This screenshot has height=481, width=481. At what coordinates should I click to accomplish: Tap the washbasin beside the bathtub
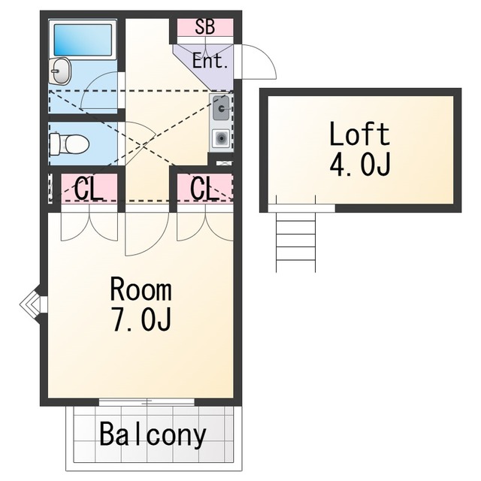coord(60,71)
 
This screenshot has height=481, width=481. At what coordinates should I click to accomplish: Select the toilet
coord(69,144)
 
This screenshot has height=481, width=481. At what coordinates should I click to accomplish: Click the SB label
coord(205,27)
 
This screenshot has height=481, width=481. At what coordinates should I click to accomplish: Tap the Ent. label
coord(210,61)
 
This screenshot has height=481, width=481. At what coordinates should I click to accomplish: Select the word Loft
coord(359,134)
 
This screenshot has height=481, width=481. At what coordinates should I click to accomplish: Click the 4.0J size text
coord(360,165)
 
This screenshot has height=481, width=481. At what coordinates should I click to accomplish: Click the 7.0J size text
coord(142,321)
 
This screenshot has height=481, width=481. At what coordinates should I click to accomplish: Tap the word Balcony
coord(153,435)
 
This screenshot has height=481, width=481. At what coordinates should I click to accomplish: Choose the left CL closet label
coord(88,189)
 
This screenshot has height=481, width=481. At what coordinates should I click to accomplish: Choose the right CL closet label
coord(204,189)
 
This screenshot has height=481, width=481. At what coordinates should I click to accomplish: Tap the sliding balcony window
coord(147,401)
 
